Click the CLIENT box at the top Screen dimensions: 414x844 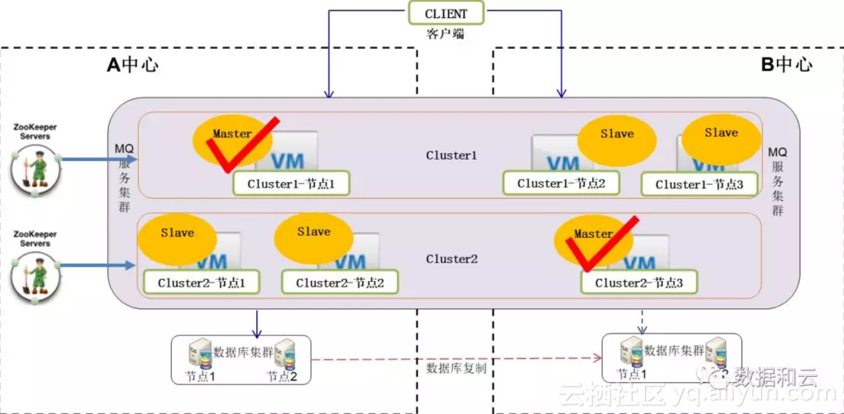click(x=446, y=13)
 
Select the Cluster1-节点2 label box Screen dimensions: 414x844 click(x=561, y=183)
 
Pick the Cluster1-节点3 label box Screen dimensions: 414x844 click(x=699, y=184)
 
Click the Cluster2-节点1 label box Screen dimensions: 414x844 click(x=201, y=283)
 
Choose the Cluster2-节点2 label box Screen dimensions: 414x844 click(x=340, y=283)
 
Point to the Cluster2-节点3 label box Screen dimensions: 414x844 click(x=639, y=283)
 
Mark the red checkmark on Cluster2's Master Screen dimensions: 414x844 click(x=600, y=248)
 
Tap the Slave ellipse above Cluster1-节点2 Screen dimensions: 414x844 click(x=617, y=139)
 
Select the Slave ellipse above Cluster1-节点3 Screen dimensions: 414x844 click(x=721, y=138)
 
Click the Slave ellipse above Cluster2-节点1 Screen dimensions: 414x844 click(x=177, y=239)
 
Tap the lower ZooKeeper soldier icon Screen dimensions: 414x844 click(x=36, y=275)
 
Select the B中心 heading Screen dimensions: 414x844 click(x=786, y=64)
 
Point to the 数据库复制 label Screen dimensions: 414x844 click(x=456, y=368)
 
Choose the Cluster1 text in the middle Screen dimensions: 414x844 click(x=452, y=155)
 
